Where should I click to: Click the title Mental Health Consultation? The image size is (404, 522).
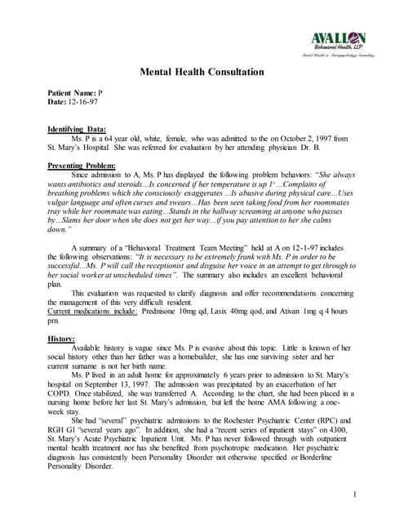coord(202,73)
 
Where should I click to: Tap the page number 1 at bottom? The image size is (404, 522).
coord(357,472)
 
